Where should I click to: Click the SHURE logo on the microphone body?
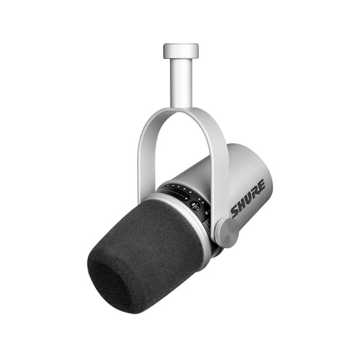point(248,198)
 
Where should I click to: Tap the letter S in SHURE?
point(235,211)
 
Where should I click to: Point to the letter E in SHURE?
point(261,185)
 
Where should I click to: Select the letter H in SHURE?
point(242,204)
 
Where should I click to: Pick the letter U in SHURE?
point(249,197)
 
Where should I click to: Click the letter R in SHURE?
point(255,191)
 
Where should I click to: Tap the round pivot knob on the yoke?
point(227,232)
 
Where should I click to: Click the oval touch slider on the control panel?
point(180,195)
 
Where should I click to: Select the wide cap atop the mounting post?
point(181,51)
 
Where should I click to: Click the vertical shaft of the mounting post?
point(181,83)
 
